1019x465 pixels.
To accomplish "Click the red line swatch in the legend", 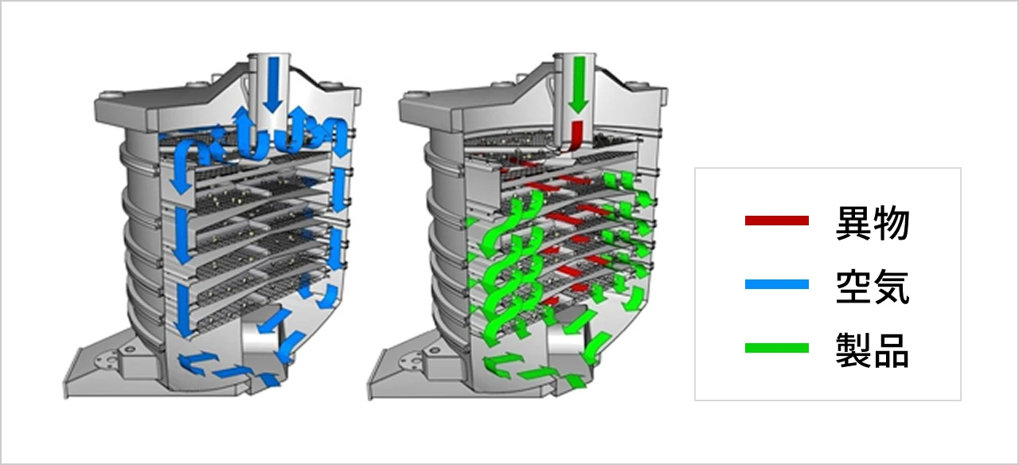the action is pos(776,221).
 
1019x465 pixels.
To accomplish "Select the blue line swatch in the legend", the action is pos(776,284).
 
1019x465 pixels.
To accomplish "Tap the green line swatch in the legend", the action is pos(776,348).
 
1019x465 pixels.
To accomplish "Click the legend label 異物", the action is pos(873,222).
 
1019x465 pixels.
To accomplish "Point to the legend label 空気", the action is pos(873,287).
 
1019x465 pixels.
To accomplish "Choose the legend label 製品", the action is pos(873,350).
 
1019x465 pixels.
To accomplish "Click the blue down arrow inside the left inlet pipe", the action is pos(272,84).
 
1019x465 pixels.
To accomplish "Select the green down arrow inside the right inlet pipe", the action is pos(578,84).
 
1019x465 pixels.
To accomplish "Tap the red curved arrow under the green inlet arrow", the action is pos(576,139).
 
